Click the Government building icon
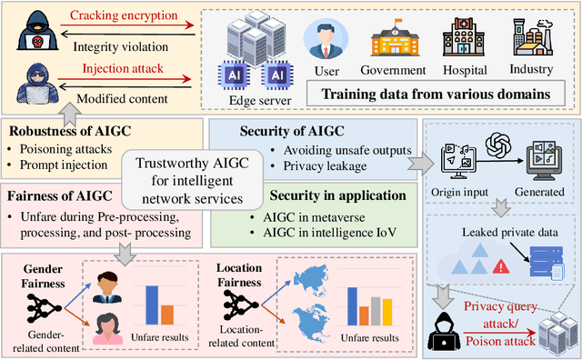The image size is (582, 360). click(x=391, y=38)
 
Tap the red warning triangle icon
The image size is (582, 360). click(x=500, y=267)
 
